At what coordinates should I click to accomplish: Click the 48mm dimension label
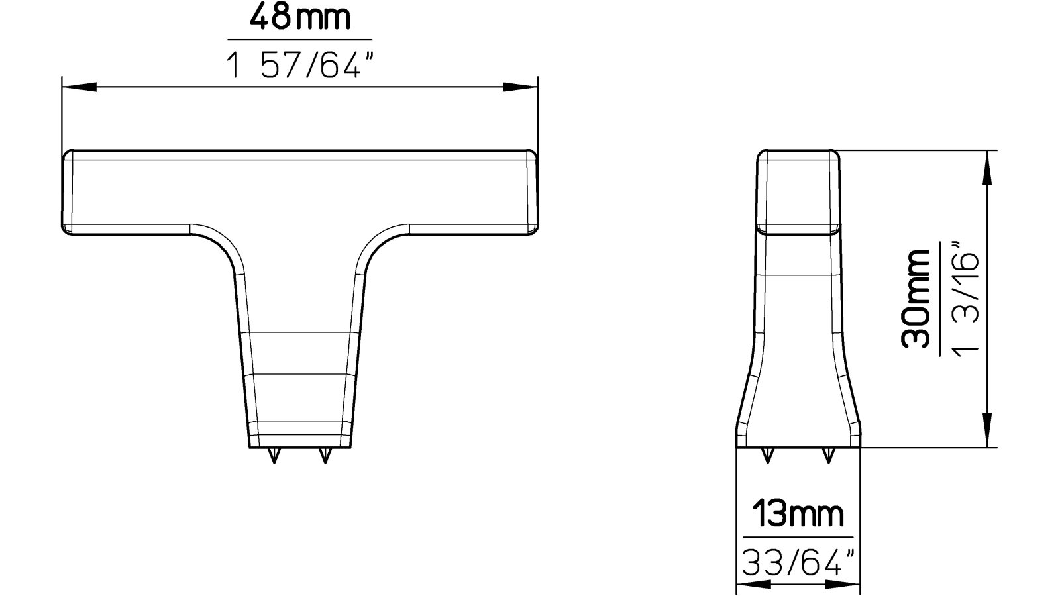coord(299,18)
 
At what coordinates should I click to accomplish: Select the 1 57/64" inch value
coord(299,66)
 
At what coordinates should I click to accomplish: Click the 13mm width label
coord(798,514)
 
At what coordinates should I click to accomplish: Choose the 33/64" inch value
coord(798,564)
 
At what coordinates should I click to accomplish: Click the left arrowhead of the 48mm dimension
coord(77,87)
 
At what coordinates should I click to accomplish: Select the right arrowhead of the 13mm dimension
coord(845,585)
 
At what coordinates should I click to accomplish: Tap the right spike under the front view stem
coord(324,456)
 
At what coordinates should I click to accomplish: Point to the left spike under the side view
coord(768,455)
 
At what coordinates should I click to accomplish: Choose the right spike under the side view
coord(827,455)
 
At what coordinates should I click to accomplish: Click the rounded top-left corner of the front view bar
coord(67,156)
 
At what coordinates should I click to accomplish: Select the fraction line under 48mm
coord(299,40)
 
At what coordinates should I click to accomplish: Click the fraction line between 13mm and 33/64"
coord(798,537)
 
